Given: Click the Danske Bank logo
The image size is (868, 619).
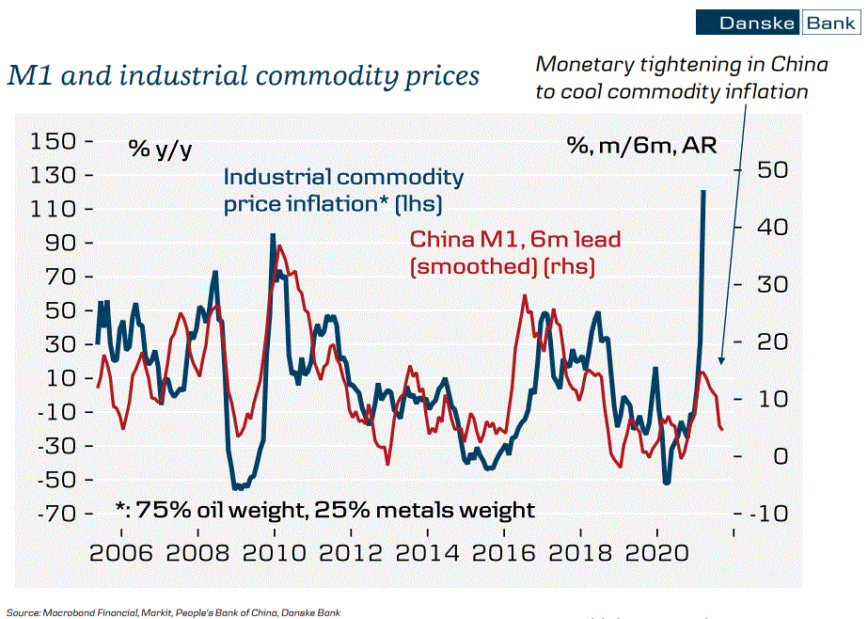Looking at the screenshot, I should coord(777,23).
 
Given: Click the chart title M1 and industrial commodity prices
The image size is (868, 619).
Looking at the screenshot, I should coord(243,75).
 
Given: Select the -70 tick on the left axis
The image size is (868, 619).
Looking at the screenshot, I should coord(59,514).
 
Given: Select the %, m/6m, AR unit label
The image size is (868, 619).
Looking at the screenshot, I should coord(641,146).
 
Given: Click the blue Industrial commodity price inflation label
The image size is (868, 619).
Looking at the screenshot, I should coord(343,189).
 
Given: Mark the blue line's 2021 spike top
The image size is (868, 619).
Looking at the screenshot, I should coord(703,191).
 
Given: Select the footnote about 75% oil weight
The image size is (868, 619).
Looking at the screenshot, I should coord(324,510).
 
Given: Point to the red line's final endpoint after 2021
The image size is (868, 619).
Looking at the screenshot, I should coord(722,430).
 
